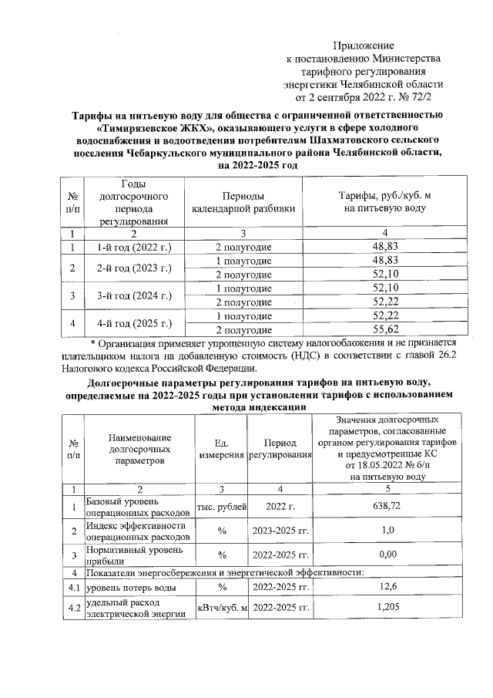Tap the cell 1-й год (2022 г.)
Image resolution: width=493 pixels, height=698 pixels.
pyautogui.click(x=133, y=247)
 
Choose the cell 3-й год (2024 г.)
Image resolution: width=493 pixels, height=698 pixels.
pyautogui.click(x=133, y=295)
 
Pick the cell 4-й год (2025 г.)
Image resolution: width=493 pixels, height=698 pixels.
pyautogui.click(x=133, y=322)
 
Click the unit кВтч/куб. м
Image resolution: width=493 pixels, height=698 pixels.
pyautogui.click(x=223, y=609)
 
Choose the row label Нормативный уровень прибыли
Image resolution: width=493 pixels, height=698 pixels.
pyautogui.click(x=135, y=555)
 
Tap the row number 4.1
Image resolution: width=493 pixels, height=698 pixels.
pyautogui.click(x=72, y=588)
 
